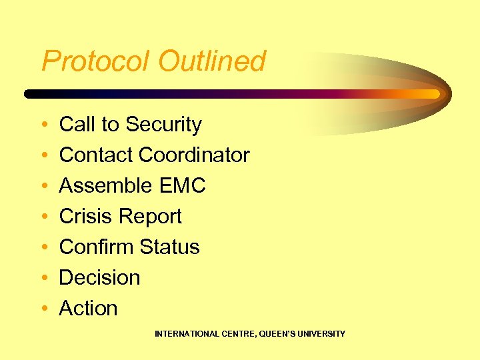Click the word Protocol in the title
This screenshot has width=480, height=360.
point(97,61)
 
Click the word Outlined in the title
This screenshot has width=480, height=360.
point(212,61)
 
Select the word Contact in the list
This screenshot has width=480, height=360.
point(97,155)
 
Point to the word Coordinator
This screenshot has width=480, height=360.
point(194,155)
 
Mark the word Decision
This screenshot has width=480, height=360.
point(100,278)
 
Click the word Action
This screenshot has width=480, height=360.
point(89,309)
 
